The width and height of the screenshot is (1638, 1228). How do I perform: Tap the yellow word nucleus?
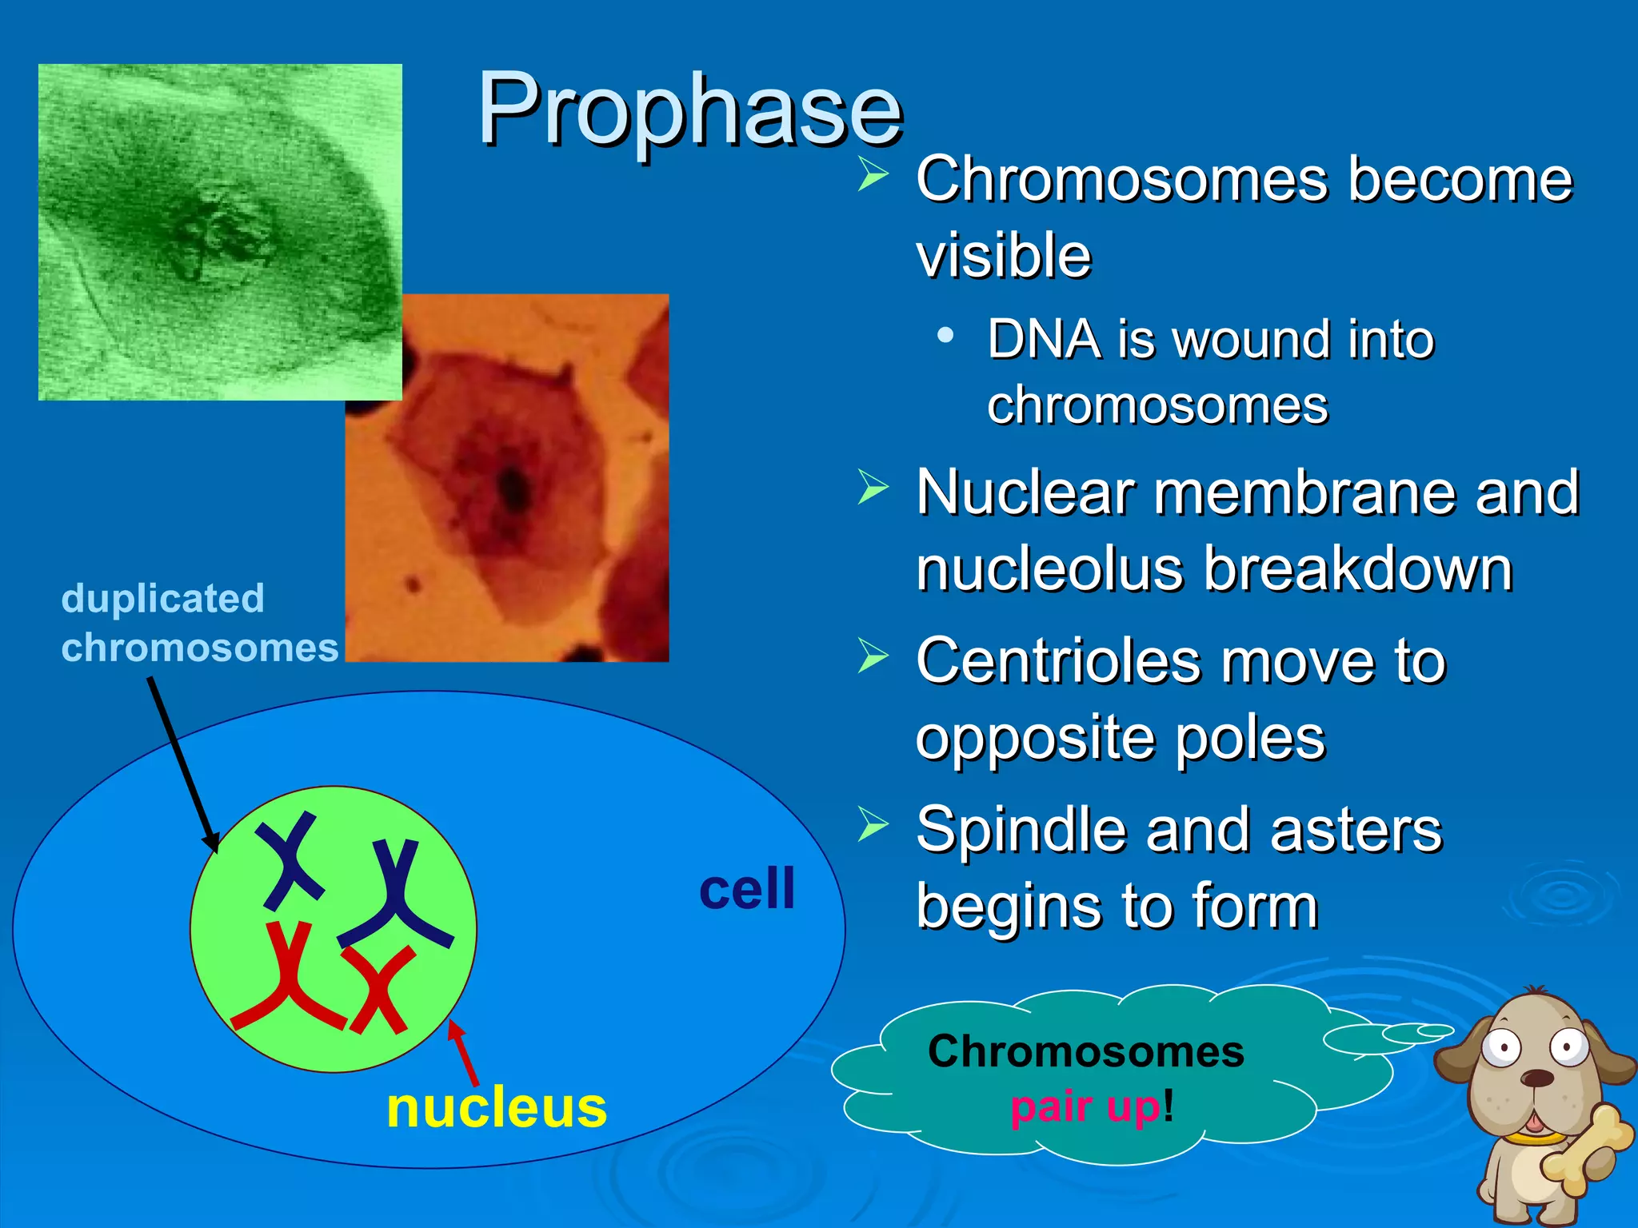tap(496, 1109)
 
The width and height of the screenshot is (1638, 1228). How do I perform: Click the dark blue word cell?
tap(747, 889)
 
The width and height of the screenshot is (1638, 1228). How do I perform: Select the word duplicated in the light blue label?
tap(162, 599)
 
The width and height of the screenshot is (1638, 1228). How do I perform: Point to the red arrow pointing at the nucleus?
tap(465, 1052)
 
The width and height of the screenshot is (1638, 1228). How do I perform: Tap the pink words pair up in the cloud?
tap(1084, 1107)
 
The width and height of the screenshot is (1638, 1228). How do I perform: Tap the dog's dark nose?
tap(1536, 1078)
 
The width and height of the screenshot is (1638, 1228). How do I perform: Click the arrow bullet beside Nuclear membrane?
tap(873, 487)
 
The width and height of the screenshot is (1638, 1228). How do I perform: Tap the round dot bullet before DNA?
tap(945, 335)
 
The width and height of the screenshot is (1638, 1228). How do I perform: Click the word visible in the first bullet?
tap(1003, 256)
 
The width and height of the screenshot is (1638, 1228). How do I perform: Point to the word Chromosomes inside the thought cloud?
tap(1085, 1051)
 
